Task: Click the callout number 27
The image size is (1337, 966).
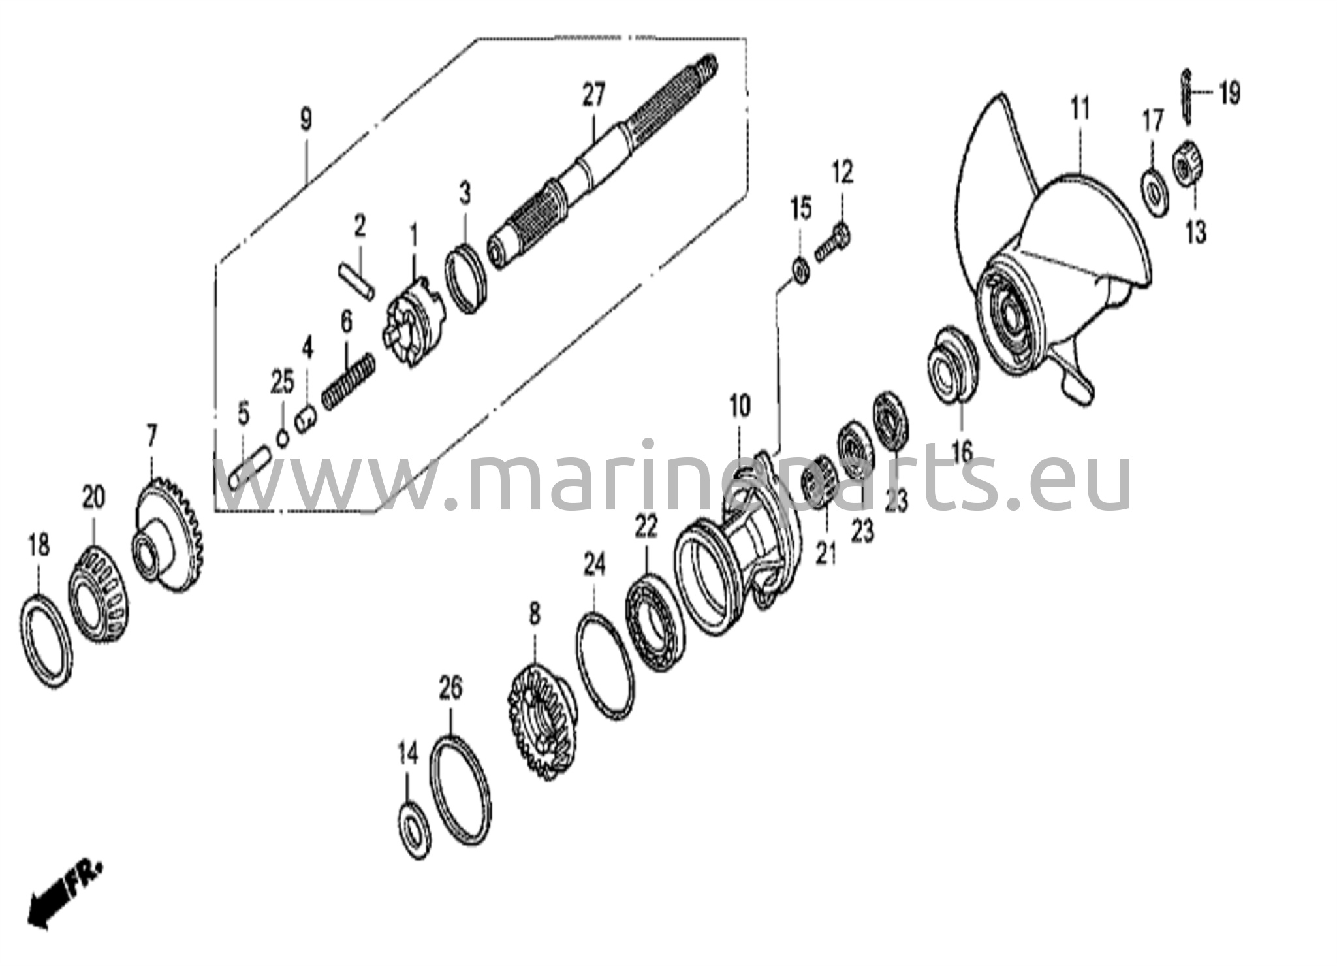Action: pos(594,95)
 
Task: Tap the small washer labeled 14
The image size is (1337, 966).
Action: pos(414,831)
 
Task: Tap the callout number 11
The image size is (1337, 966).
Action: pos(1080,108)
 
